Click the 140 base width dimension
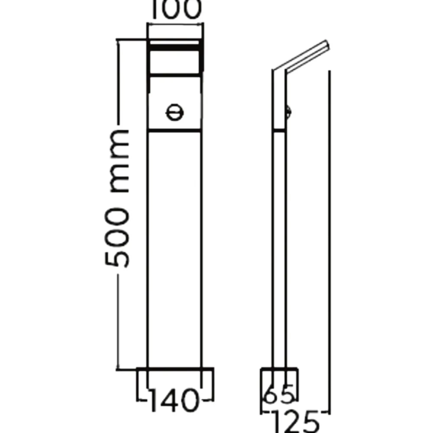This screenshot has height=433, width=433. [174, 400]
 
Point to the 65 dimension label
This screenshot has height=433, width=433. [278, 393]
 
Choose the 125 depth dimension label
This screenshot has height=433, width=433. [295, 422]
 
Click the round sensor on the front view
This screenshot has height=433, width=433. [174, 113]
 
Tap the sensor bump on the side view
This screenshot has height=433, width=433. [289, 112]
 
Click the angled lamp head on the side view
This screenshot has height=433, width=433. [301, 58]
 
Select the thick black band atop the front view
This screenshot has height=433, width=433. [174, 48]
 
